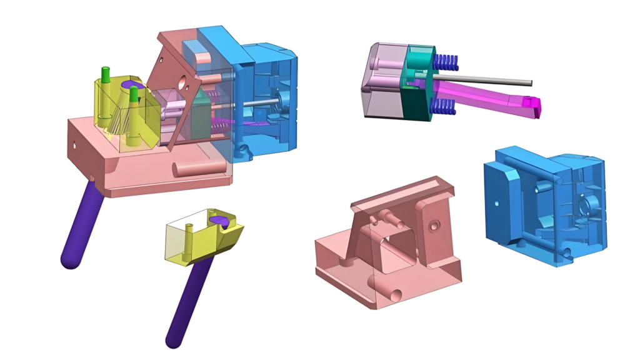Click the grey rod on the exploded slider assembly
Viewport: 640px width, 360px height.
494,80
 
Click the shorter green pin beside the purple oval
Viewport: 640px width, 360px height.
133,94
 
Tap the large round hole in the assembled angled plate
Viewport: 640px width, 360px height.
184,81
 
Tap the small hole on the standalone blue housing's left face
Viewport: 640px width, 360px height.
496,203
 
